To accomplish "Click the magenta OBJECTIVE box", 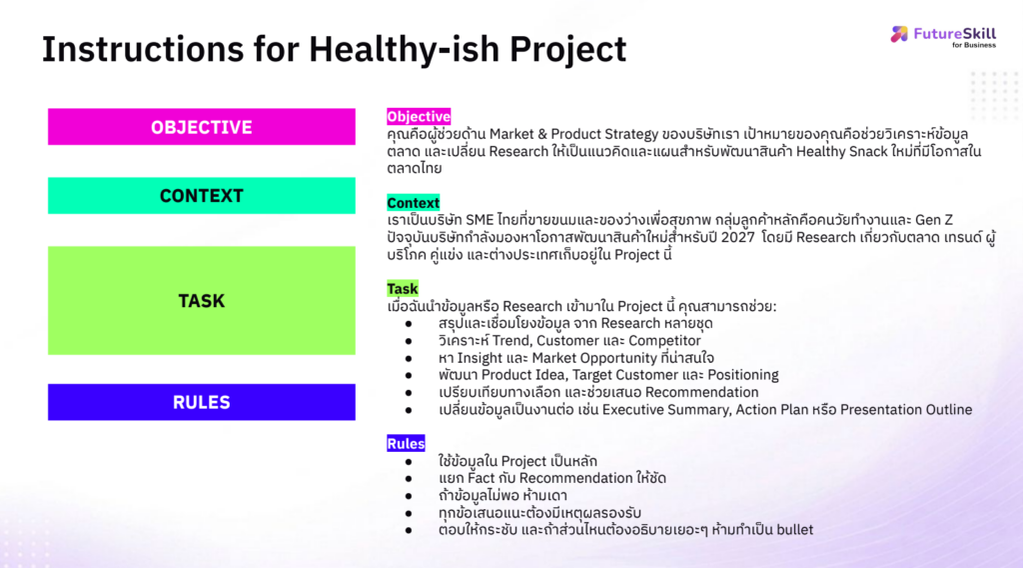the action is click(202, 127).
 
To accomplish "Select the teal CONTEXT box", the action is click(202, 195).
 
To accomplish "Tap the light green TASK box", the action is click(202, 300).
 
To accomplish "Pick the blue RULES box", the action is click(202, 402).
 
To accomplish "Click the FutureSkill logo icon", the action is click(899, 34).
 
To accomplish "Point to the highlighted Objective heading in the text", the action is click(419, 117).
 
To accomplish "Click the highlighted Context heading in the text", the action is click(413, 203).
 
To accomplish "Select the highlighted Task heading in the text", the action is click(402, 289).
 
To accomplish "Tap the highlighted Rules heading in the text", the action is click(406, 444).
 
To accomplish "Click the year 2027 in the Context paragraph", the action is click(738, 237).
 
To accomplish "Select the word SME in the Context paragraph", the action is click(480, 220).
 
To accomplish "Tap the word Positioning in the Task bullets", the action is click(743, 375).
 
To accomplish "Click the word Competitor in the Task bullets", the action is click(664, 341).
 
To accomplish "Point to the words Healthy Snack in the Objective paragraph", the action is click(841, 151).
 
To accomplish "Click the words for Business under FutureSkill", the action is click(973, 45).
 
